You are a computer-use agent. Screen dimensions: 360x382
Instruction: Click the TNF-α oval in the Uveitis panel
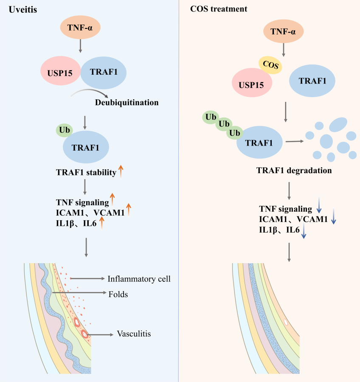click(80, 27)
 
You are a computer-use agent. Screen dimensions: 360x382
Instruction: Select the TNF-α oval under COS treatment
click(283, 31)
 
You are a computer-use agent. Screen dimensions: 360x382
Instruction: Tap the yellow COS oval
click(270, 65)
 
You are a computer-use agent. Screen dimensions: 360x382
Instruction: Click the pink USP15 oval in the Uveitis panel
click(60, 70)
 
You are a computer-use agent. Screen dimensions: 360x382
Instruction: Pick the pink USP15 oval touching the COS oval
click(252, 83)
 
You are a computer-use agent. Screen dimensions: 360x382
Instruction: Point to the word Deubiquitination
click(127, 103)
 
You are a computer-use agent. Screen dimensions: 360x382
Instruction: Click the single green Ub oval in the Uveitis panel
click(65, 130)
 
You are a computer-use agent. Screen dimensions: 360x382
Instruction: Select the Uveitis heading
click(23, 9)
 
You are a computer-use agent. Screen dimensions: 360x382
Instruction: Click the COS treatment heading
click(219, 9)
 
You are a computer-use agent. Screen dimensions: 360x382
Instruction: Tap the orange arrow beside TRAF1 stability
click(121, 171)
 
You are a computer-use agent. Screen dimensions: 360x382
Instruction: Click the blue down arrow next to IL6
click(304, 231)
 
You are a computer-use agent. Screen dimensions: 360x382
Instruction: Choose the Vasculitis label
click(134, 334)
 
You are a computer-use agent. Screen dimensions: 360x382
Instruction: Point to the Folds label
click(118, 294)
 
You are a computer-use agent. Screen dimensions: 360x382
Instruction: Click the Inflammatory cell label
click(139, 279)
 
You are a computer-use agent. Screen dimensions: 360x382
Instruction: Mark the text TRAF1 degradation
click(294, 170)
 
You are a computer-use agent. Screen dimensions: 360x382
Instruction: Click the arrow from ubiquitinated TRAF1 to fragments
click(295, 141)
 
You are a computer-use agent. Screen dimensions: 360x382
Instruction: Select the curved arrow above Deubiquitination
click(90, 93)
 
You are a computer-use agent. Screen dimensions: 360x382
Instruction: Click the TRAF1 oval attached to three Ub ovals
click(259, 142)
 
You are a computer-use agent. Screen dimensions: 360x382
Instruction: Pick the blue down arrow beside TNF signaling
click(319, 205)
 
